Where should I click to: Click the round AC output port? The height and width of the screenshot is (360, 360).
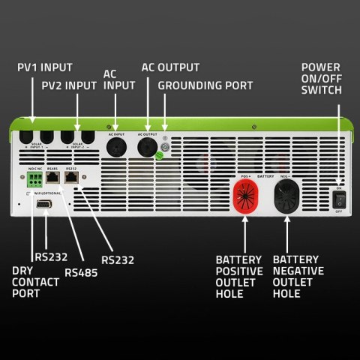[147, 145]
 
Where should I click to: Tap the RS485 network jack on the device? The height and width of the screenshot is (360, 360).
[53, 181]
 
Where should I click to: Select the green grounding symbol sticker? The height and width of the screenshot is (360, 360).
[159, 157]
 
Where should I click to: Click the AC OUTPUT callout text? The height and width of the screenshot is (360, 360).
[170, 67]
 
